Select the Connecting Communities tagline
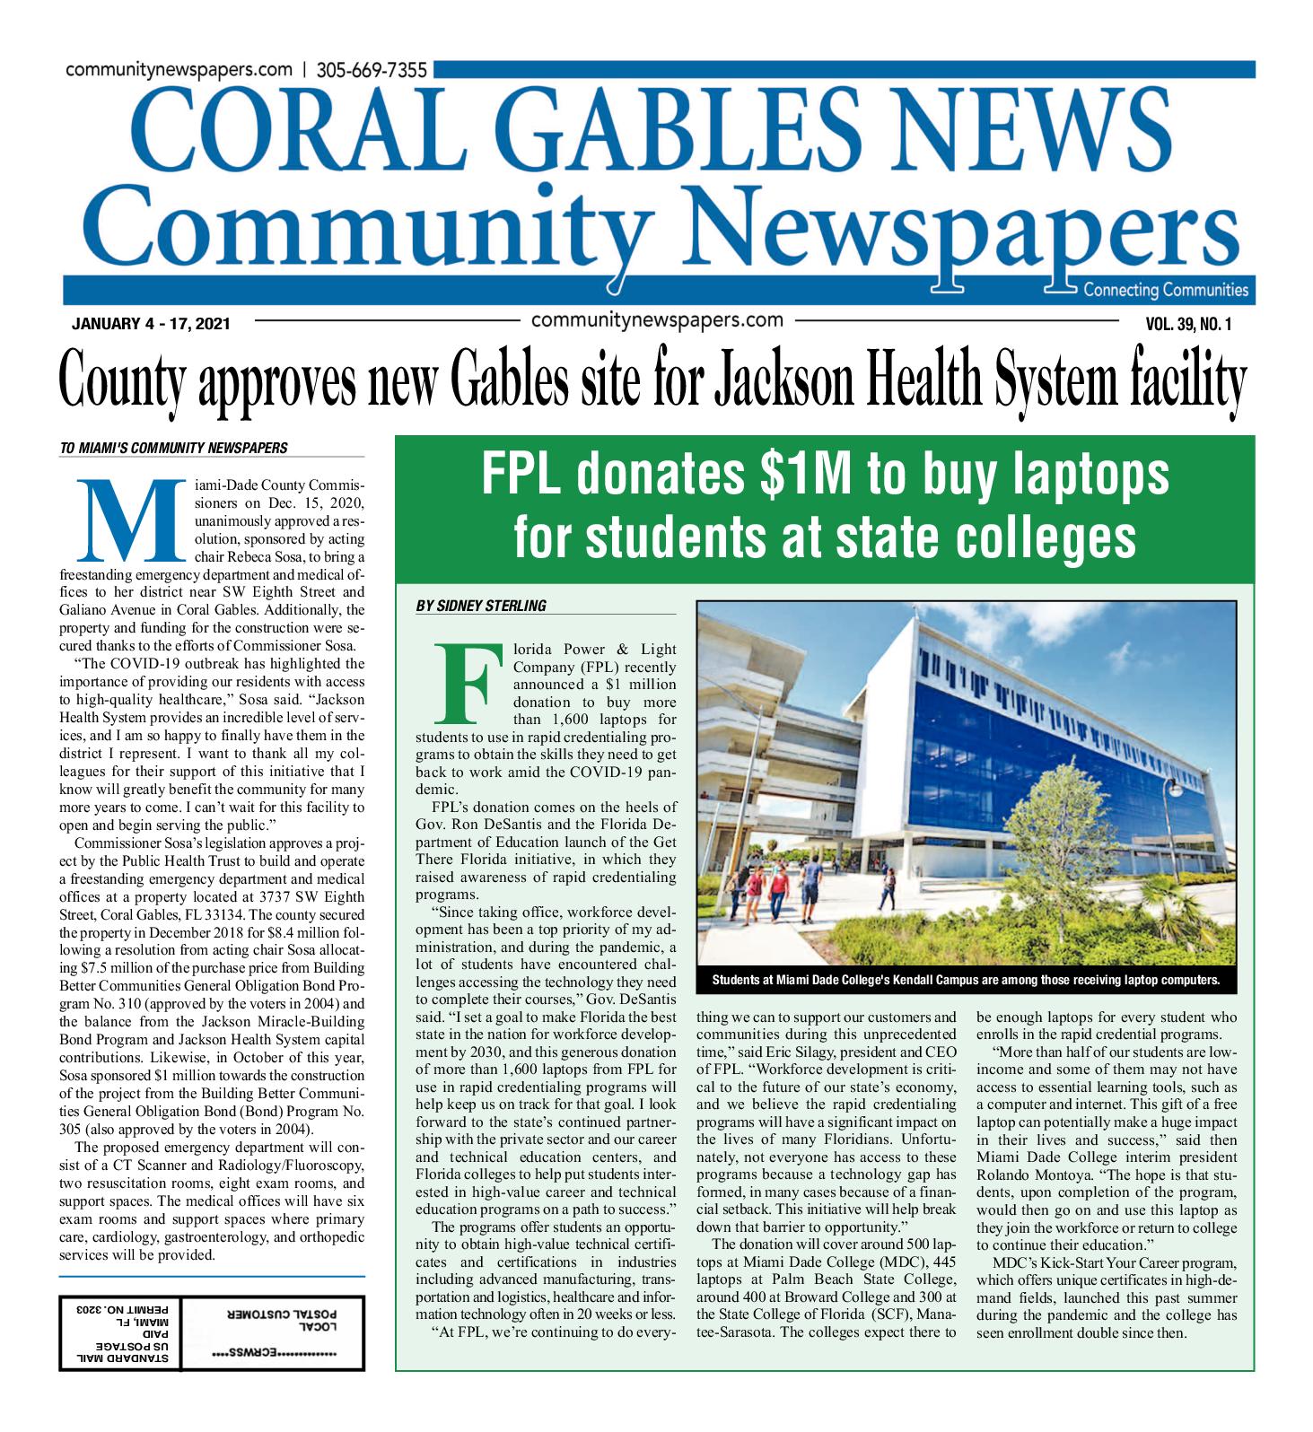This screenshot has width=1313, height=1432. click(x=1166, y=290)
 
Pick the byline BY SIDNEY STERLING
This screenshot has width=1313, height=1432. click(x=481, y=606)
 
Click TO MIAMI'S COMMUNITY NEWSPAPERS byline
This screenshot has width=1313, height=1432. click(x=174, y=447)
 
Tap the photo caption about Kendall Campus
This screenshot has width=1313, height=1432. click(x=966, y=979)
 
